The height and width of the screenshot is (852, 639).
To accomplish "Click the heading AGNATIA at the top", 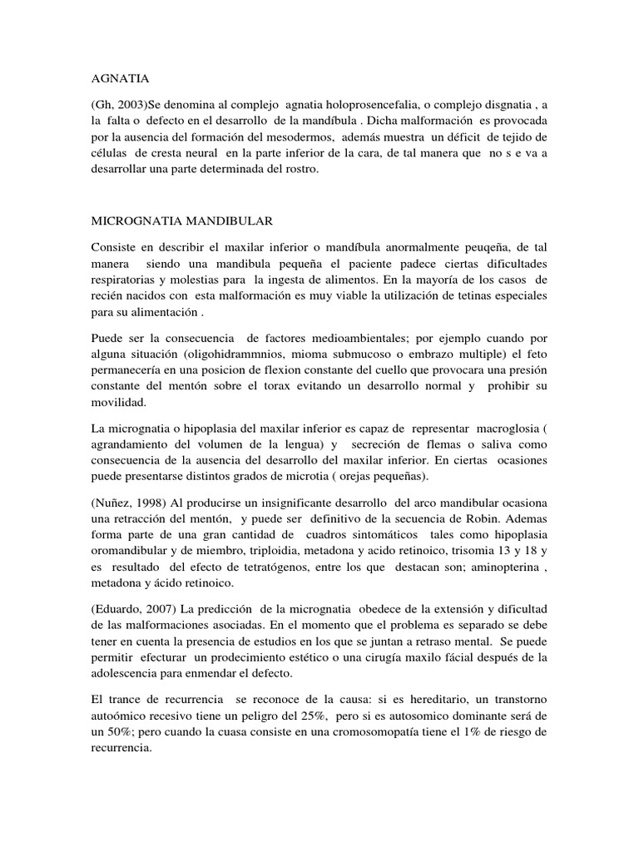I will pyautogui.click(x=119, y=79).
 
